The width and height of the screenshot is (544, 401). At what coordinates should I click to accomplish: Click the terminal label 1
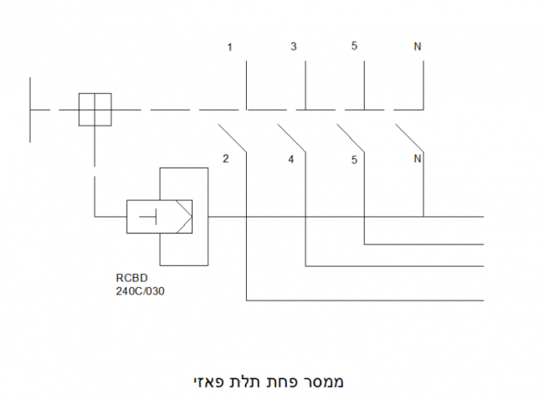point(230,47)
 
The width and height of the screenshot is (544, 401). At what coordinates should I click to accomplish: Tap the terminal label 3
point(293,46)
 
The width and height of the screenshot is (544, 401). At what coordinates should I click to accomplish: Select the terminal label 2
point(225,158)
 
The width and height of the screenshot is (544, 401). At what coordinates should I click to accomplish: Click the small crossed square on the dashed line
point(95,110)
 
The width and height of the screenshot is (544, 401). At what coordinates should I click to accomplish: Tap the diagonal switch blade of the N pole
point(409,138)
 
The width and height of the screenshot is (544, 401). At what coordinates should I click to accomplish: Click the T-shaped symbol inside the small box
point(149,218)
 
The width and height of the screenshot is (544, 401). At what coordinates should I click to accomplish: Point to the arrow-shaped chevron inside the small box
point(183,218)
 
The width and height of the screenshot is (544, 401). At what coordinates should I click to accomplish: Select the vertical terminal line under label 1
point(247,84)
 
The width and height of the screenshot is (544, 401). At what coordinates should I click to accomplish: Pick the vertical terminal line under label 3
point(306,84)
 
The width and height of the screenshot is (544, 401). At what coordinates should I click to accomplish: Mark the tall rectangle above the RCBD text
point(183,184)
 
